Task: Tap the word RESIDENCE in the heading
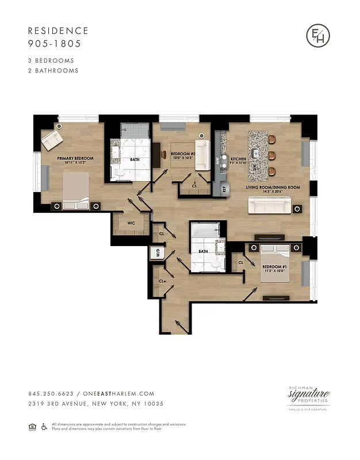pyautogui.click(x=58, y=31)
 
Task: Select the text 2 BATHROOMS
pyautogui.click(x=53, y=71)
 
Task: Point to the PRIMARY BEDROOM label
pyautogui.click(x=75, y=158)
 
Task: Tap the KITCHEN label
pyautogui.click(x=239, y=159)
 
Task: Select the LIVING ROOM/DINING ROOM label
pyautogui.click(x=273, y=187)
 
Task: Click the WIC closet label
pyautogui.click(x=131, y=222)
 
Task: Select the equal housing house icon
pyautogui.click(x=32, y=426)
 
